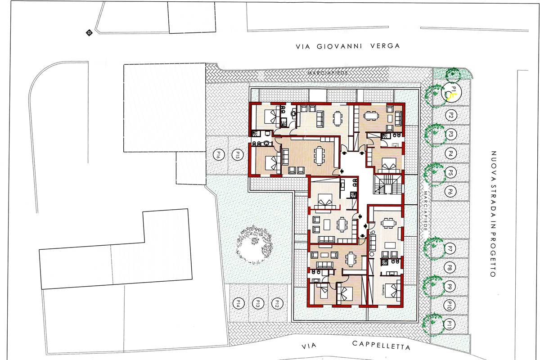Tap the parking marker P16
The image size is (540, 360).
click(219, 154)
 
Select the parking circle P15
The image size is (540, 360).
click(238, 154)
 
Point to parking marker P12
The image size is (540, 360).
click(278, 303)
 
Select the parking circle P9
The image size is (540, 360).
click(450, 287)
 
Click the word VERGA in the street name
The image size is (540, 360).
click(385, 46)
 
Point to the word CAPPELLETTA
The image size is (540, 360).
click(381, 346)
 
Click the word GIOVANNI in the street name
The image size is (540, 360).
click(339, 46)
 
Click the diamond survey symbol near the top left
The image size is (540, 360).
click(89, 32)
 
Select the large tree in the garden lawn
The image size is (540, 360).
click(254, 244)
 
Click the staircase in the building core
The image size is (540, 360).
click(388, 184)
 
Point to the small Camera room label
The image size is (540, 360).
click(383, 290)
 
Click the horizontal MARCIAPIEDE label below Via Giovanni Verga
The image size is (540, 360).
click(328, 72)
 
